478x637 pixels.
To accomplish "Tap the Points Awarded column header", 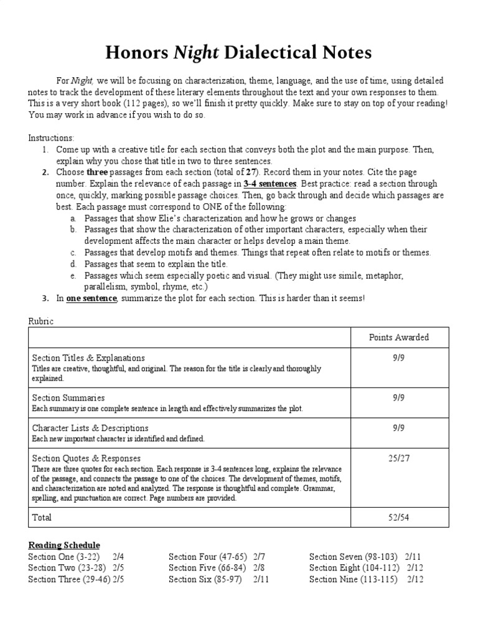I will [x=398, y=337].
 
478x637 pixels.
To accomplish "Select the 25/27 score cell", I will [x=398, y=458].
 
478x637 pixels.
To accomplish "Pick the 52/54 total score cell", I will [x=398, y=518].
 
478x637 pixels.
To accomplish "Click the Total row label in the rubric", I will [x=42, y=518].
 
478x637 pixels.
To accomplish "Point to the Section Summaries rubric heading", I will [x=68, y=398].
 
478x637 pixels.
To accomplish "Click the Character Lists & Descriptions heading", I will [x=90, y=428].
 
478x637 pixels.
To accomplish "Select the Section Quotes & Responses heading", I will [x=86, y=458].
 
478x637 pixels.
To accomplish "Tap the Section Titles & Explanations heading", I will [x=88, y=358].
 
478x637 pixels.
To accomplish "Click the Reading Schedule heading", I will [x=63, y=545].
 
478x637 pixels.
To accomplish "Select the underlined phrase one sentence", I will [x=91, y=298].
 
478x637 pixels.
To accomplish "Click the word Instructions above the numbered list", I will [x=51, y=137].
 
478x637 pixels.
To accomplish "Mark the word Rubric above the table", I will [x=41, y=321].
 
